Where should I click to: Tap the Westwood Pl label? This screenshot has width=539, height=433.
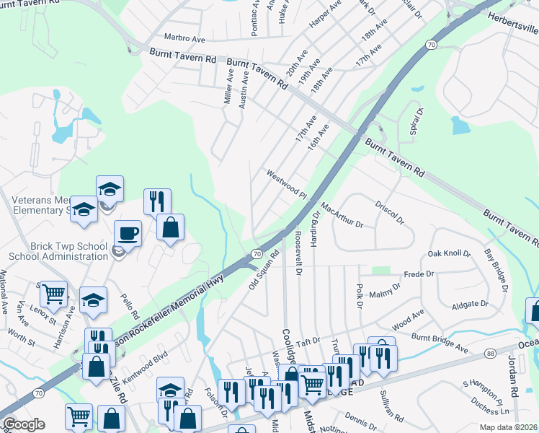click(x=287, y=184)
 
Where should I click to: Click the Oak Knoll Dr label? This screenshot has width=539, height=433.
click(x=449, y=254)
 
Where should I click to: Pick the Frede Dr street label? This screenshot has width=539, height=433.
click(x=419, y=274)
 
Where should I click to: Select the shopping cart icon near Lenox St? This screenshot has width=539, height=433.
click(x=53, y=294)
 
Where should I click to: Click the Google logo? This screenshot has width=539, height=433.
click(x=24, y=424)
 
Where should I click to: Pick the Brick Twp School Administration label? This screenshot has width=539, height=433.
click(x=58, y=251)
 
